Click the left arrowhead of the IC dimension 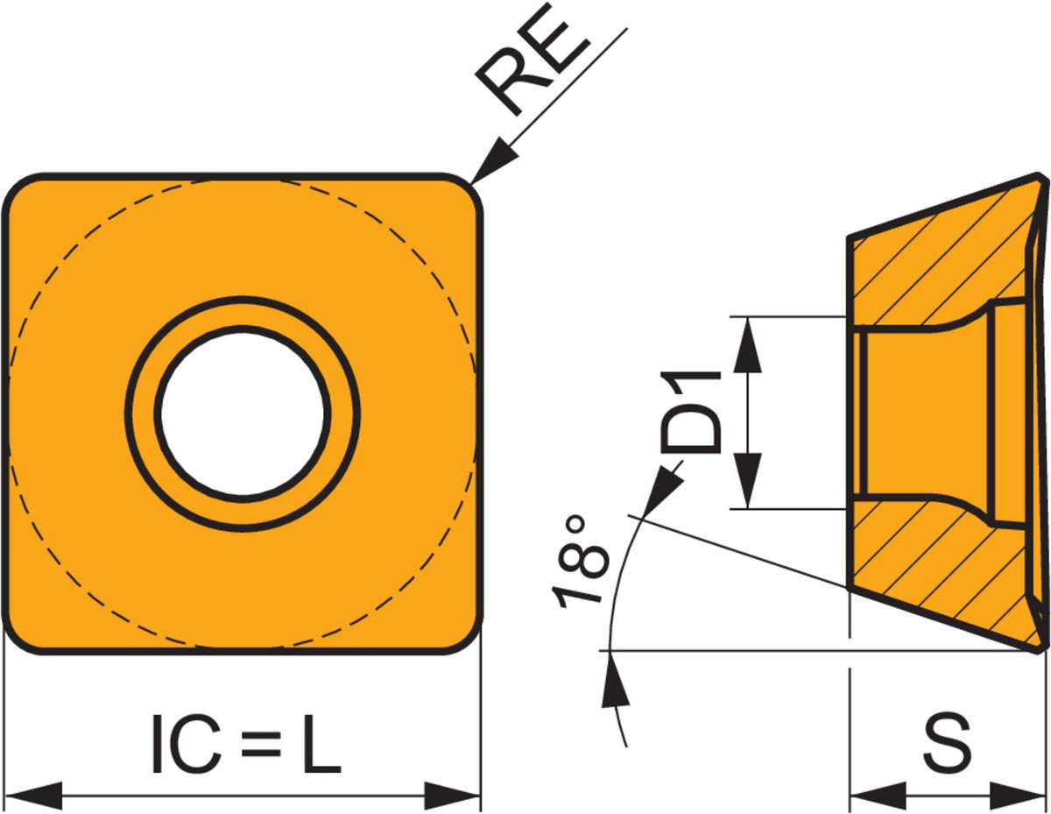33,796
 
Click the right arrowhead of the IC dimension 453,796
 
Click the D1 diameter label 690,412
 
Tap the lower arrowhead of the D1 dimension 747,481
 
